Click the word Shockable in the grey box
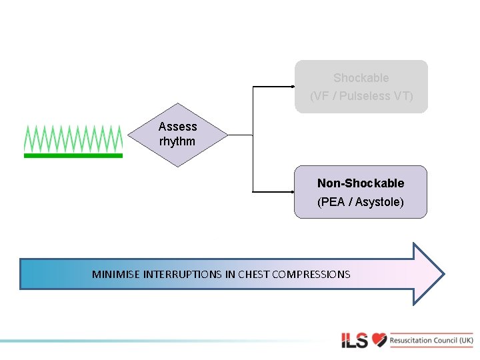pos(361,78)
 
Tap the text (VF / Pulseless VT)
pos(361,96)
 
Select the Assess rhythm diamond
pos(177,135)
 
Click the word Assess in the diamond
pos(177,127)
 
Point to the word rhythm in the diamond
pos(177,141)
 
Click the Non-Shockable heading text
pos(361,183)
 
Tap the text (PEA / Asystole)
pos(361,201)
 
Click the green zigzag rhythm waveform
pos(73,138)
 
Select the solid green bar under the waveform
pos(73,155)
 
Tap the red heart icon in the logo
pos(379,340)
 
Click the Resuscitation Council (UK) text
pos(431,340)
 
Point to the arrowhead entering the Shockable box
pos(293,87)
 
